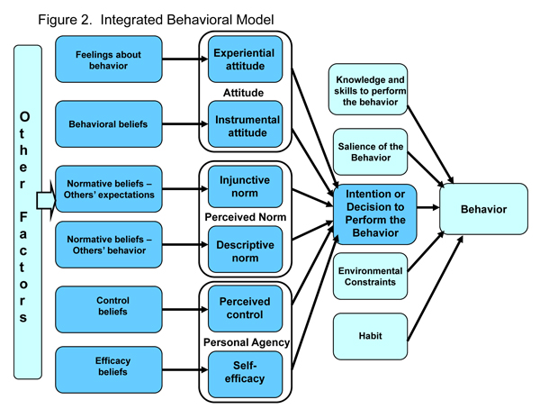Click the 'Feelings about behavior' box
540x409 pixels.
108,59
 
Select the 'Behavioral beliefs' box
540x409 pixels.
108,122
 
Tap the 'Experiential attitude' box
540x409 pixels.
245,59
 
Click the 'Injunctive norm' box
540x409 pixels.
245,187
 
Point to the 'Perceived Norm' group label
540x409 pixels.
245,217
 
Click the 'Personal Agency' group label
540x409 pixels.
245,342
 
